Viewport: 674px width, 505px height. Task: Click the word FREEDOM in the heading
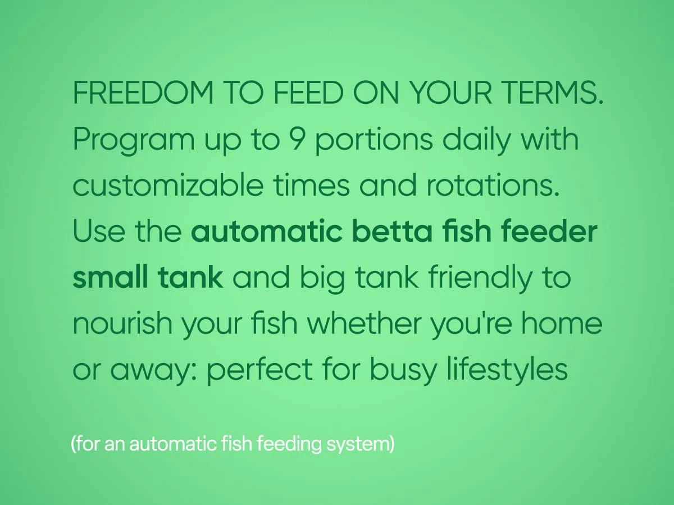(x=143, y=93)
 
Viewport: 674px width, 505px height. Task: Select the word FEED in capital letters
(x=308, y=93)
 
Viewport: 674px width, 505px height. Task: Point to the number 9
(x=297, y=139)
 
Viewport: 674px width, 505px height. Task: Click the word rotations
(x=493, y=186)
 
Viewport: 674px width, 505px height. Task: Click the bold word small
(x=111, y=277)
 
